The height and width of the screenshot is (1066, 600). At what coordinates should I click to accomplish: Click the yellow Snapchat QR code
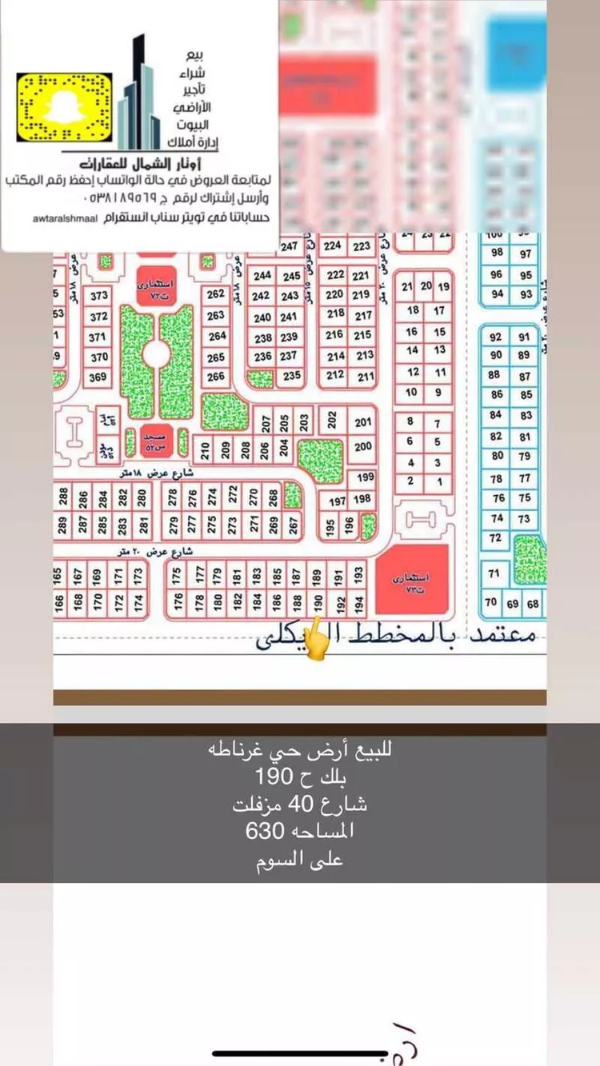[64, 108]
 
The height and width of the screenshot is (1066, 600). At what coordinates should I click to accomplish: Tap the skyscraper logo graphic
[137, 96]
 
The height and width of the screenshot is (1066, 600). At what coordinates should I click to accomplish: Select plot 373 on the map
[98, 296]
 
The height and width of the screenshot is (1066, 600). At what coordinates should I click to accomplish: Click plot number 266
[216, 377]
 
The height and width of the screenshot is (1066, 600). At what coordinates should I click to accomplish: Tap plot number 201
[363, 422]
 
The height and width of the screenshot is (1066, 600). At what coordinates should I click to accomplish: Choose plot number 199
[366, 477]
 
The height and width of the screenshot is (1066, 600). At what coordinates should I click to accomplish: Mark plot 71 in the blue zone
[494, 573]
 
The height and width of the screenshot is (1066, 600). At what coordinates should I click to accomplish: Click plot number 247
[288, 246]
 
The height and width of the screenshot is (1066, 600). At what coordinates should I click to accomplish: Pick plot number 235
[291, 375]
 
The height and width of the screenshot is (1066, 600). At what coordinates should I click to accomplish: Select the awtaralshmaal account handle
[66, 217]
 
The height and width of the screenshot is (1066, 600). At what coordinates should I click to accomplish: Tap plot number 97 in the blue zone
[525, 254]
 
